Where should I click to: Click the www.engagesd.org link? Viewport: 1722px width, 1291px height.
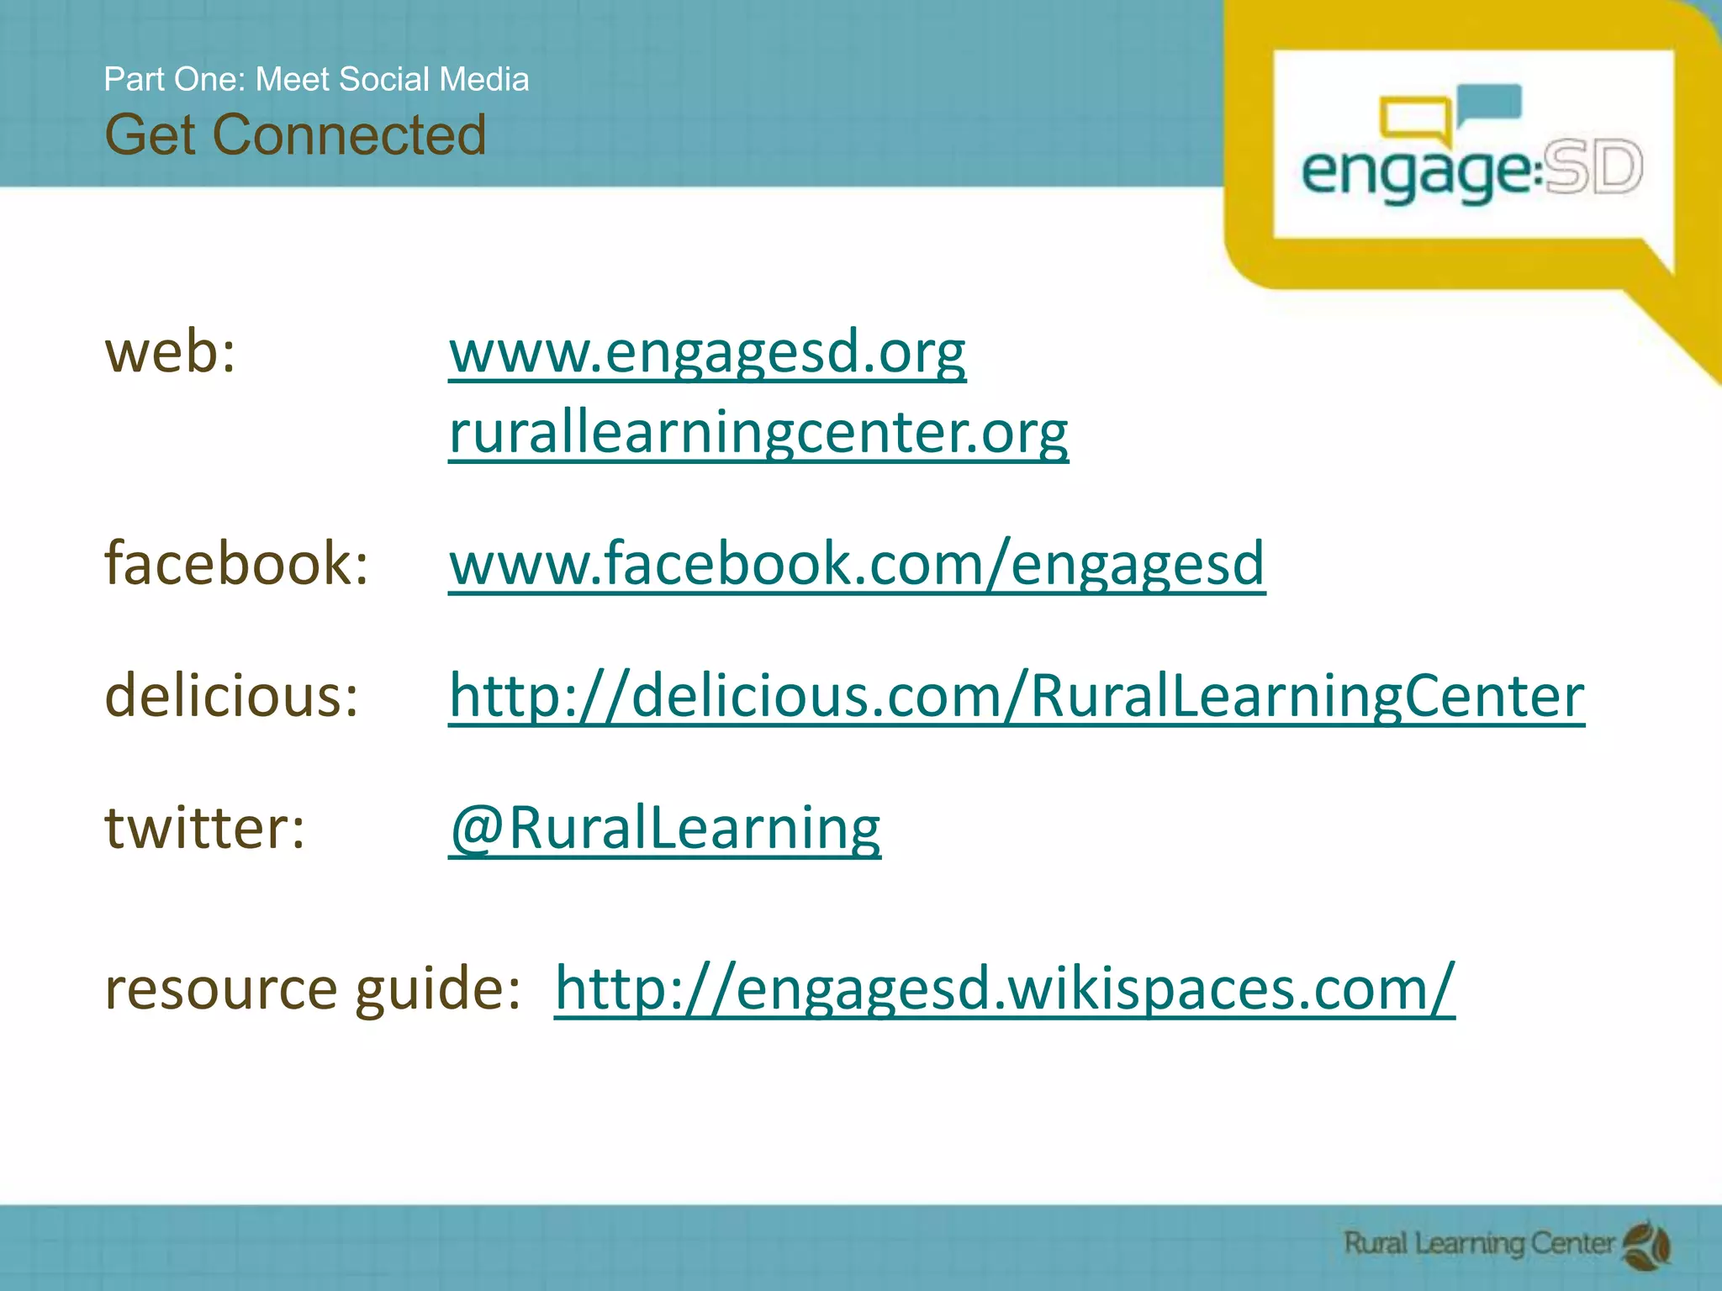707,353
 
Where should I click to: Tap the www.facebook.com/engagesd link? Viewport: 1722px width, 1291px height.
856,563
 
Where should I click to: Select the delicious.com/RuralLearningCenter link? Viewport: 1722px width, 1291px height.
1016,696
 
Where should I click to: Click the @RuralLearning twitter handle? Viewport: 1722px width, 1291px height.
664,828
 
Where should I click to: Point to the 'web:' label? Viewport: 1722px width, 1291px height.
171,353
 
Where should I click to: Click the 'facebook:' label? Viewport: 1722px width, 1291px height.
236,563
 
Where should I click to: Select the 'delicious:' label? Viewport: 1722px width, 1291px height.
231,696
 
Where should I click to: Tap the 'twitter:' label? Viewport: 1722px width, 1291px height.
204,828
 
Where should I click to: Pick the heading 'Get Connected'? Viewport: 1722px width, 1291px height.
295,134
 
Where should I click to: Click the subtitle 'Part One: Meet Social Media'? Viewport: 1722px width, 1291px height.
316,79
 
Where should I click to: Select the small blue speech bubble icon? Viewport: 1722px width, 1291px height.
1489,103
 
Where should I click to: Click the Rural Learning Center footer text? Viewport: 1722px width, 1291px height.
1479,1243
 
